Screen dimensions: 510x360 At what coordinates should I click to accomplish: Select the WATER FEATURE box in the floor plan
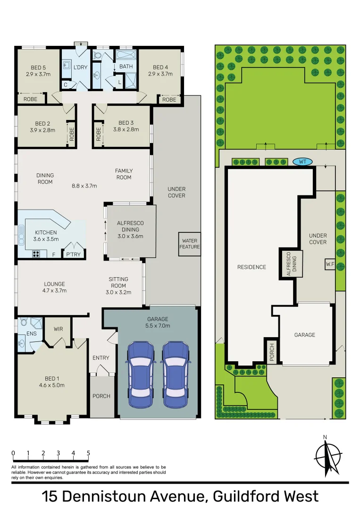(x=189, y=244)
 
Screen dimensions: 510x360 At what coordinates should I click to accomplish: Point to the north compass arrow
(x=328, y=458)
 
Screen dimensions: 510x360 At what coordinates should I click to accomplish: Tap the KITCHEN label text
(x=46, y=232)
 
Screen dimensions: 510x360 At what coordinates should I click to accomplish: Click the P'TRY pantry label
(x=73, y=255)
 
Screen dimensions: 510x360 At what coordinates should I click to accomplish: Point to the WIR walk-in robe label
(x=59, y=329)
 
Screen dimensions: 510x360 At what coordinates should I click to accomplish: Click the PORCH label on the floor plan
(x=101, y=396)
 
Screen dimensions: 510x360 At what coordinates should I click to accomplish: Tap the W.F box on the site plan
(x=329, y=264)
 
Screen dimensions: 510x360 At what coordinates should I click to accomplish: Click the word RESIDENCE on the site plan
(x=251, y=267)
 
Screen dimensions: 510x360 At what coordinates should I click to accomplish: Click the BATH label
(x=126, y=67)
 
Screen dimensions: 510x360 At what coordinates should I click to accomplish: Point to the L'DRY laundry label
(x=80, y=68)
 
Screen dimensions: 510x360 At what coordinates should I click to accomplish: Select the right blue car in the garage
(x=176, y=370)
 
